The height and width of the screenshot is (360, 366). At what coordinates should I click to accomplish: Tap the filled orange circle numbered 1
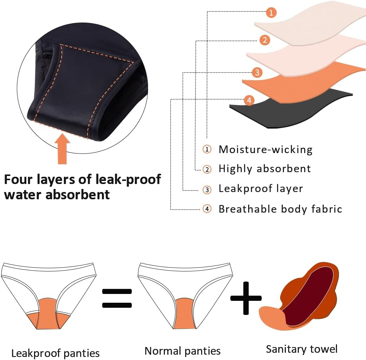[271, 13]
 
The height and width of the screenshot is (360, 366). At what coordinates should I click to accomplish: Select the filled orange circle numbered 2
[265, 40]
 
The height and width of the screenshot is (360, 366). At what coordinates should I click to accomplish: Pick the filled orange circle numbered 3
[257, 72]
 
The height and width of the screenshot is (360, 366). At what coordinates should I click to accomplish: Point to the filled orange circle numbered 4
[249, 100]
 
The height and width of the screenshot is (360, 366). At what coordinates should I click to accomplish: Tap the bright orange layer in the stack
[302, 82]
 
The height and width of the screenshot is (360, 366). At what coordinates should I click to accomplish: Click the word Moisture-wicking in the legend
[265, 149]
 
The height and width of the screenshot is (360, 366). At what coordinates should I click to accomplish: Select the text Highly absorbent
[264, 168]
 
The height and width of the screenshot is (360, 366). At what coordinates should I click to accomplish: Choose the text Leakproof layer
[261, 189]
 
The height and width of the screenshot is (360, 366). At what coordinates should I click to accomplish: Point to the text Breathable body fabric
[280, 209]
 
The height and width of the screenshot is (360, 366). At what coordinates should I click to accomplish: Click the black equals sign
[117, 298]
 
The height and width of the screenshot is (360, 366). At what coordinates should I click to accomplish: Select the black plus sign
[246, 298]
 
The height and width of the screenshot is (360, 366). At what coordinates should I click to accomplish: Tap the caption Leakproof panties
[55, 353]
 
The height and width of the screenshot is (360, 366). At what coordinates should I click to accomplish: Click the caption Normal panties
[182, 351]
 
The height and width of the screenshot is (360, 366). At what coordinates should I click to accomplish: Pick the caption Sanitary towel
[302, 349]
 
